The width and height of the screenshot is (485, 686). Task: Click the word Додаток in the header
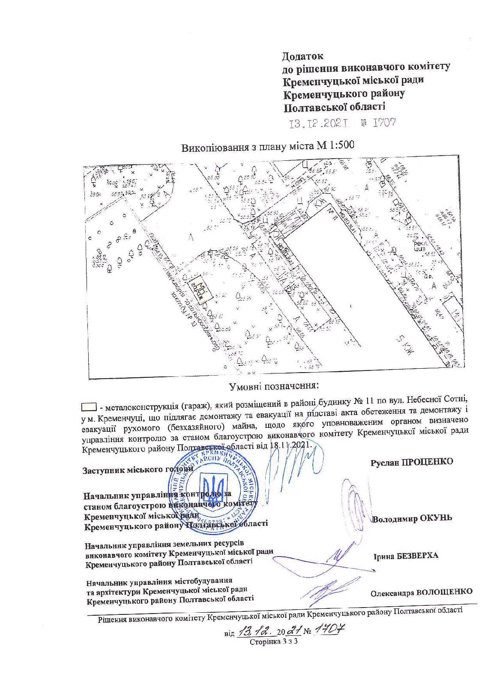click(302, 56)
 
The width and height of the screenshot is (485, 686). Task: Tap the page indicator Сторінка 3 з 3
click(273, 642)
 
